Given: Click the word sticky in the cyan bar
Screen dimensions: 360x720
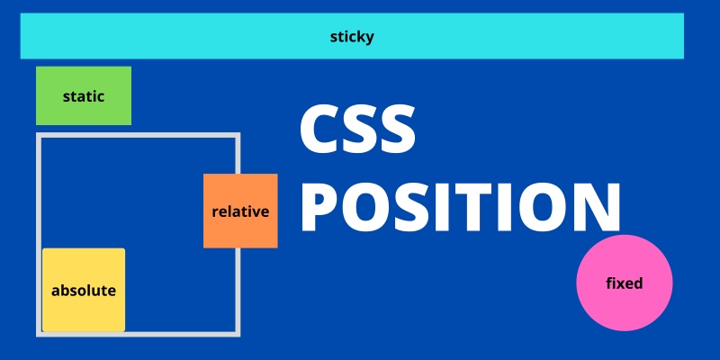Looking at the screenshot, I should pos(352,37).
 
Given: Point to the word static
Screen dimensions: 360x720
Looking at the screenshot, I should pos(84,95).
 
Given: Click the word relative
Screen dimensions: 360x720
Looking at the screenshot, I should pos(240,211).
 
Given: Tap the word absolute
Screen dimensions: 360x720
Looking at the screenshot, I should pos(84,291).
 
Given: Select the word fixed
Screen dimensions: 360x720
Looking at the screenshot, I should pos(625,283).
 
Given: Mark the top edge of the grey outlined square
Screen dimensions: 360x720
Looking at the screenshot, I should pos(138,135).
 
